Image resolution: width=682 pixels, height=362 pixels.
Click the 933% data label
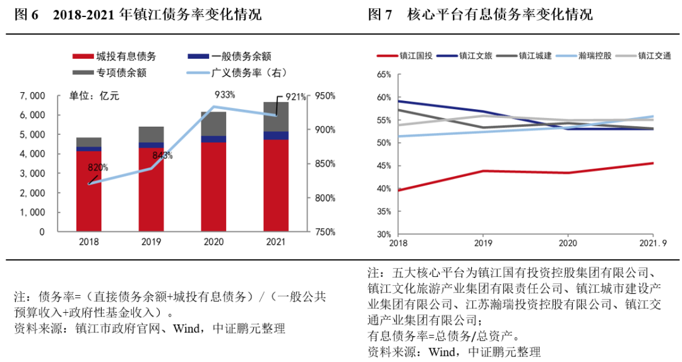[x=225, y=95]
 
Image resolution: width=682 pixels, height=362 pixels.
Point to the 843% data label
[x=162, y=155]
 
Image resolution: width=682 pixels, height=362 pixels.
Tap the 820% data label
[x=98, y=168]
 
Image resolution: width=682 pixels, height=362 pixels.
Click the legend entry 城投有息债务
[x=123, y=57]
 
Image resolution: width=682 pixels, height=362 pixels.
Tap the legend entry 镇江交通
[x=654, y=55]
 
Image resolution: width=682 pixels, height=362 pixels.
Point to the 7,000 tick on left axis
[x=32, y=96]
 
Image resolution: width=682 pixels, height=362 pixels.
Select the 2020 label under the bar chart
[x=213, y=242]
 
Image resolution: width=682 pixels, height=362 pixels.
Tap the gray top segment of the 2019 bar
[x=151, y=134]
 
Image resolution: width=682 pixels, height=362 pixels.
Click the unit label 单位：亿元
[x=94, y=96]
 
